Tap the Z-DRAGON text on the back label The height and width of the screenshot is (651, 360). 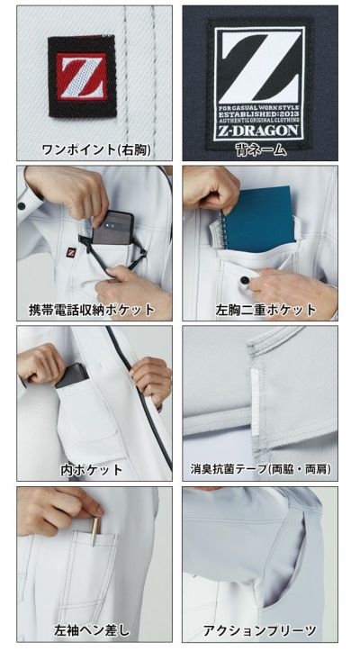[260, 131]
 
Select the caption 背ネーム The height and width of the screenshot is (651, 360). [260, 149]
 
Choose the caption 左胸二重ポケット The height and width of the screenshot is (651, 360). [260, 310]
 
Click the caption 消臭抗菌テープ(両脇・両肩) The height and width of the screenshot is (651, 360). [260, 470]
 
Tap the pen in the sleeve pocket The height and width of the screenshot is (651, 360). [93, 532]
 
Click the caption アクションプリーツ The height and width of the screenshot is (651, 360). [260, 630]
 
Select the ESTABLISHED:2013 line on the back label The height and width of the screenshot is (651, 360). [260, 115]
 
